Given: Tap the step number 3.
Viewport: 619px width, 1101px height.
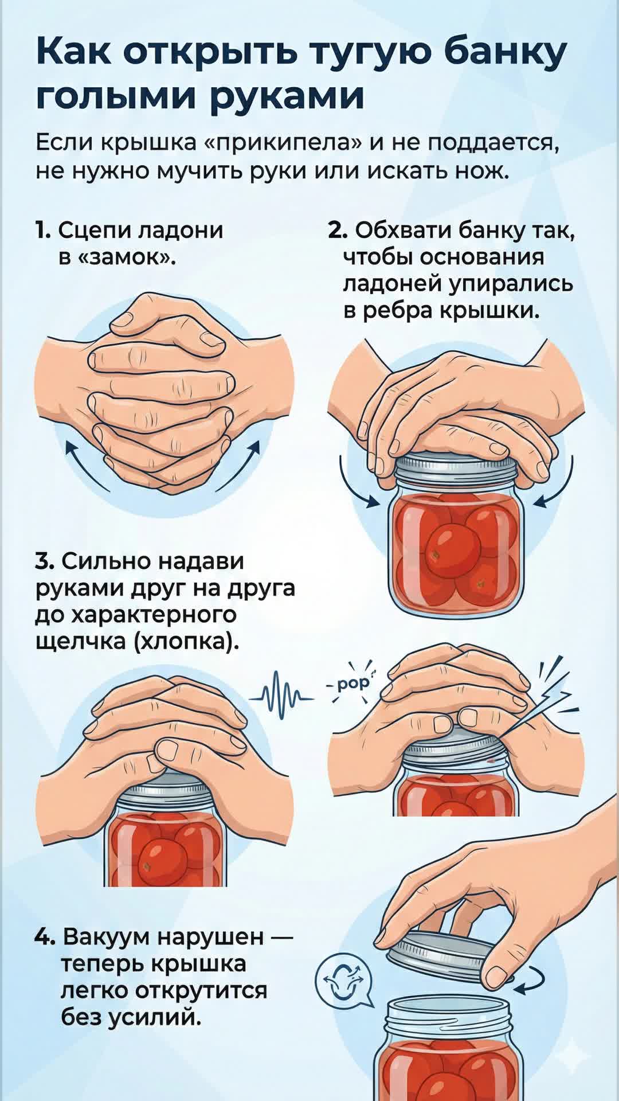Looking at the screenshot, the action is (x=44, y=560).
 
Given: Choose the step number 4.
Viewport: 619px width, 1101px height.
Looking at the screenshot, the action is (x=45, y=936).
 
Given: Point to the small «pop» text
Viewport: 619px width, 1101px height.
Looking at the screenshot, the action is (x=350, y=685).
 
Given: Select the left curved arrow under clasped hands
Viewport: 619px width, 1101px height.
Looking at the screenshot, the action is (x=86, y=466).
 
